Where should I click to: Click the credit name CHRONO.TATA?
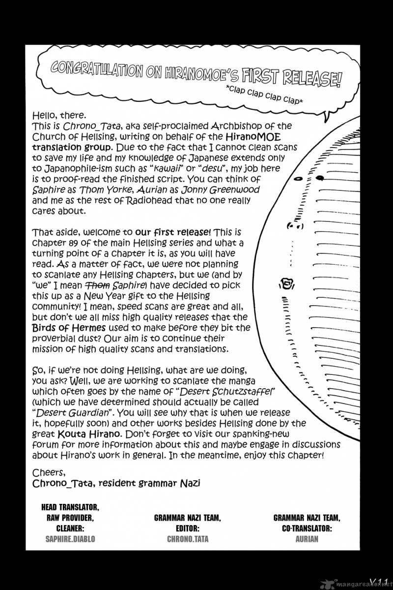tap(187, 539)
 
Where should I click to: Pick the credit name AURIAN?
tap(307, 539)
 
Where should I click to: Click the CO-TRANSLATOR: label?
tap(307, 528)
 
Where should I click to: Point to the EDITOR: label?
tap(187, 528)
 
